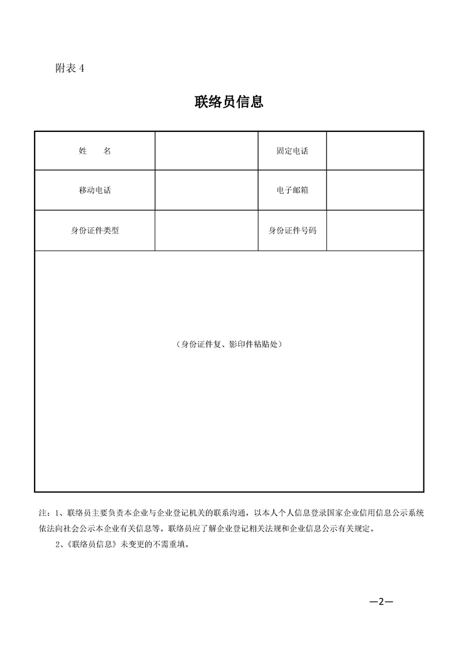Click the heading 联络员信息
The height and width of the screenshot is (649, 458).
coord(229,102)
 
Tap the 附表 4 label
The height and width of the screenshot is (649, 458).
coord(69,68)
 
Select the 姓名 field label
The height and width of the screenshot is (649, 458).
coord(95,151)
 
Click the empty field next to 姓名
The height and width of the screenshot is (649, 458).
coord(206,151)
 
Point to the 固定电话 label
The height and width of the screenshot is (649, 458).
coord(292,151)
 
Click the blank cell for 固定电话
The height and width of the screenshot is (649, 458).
coord(375,151)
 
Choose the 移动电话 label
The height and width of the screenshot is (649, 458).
coord(95,190)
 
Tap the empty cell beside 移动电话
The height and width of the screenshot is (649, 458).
coord(206,190)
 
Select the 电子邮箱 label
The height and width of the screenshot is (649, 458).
coord(292,190)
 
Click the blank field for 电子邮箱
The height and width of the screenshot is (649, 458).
coord(375,190)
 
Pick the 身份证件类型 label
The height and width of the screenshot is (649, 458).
coord(95,230)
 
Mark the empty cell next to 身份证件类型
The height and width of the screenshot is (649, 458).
coord(206,230)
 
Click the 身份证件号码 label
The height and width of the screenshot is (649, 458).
coord(292,230)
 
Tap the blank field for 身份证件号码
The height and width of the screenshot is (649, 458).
coord(375,230)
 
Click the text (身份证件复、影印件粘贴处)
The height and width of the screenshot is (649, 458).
coord(229,344)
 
